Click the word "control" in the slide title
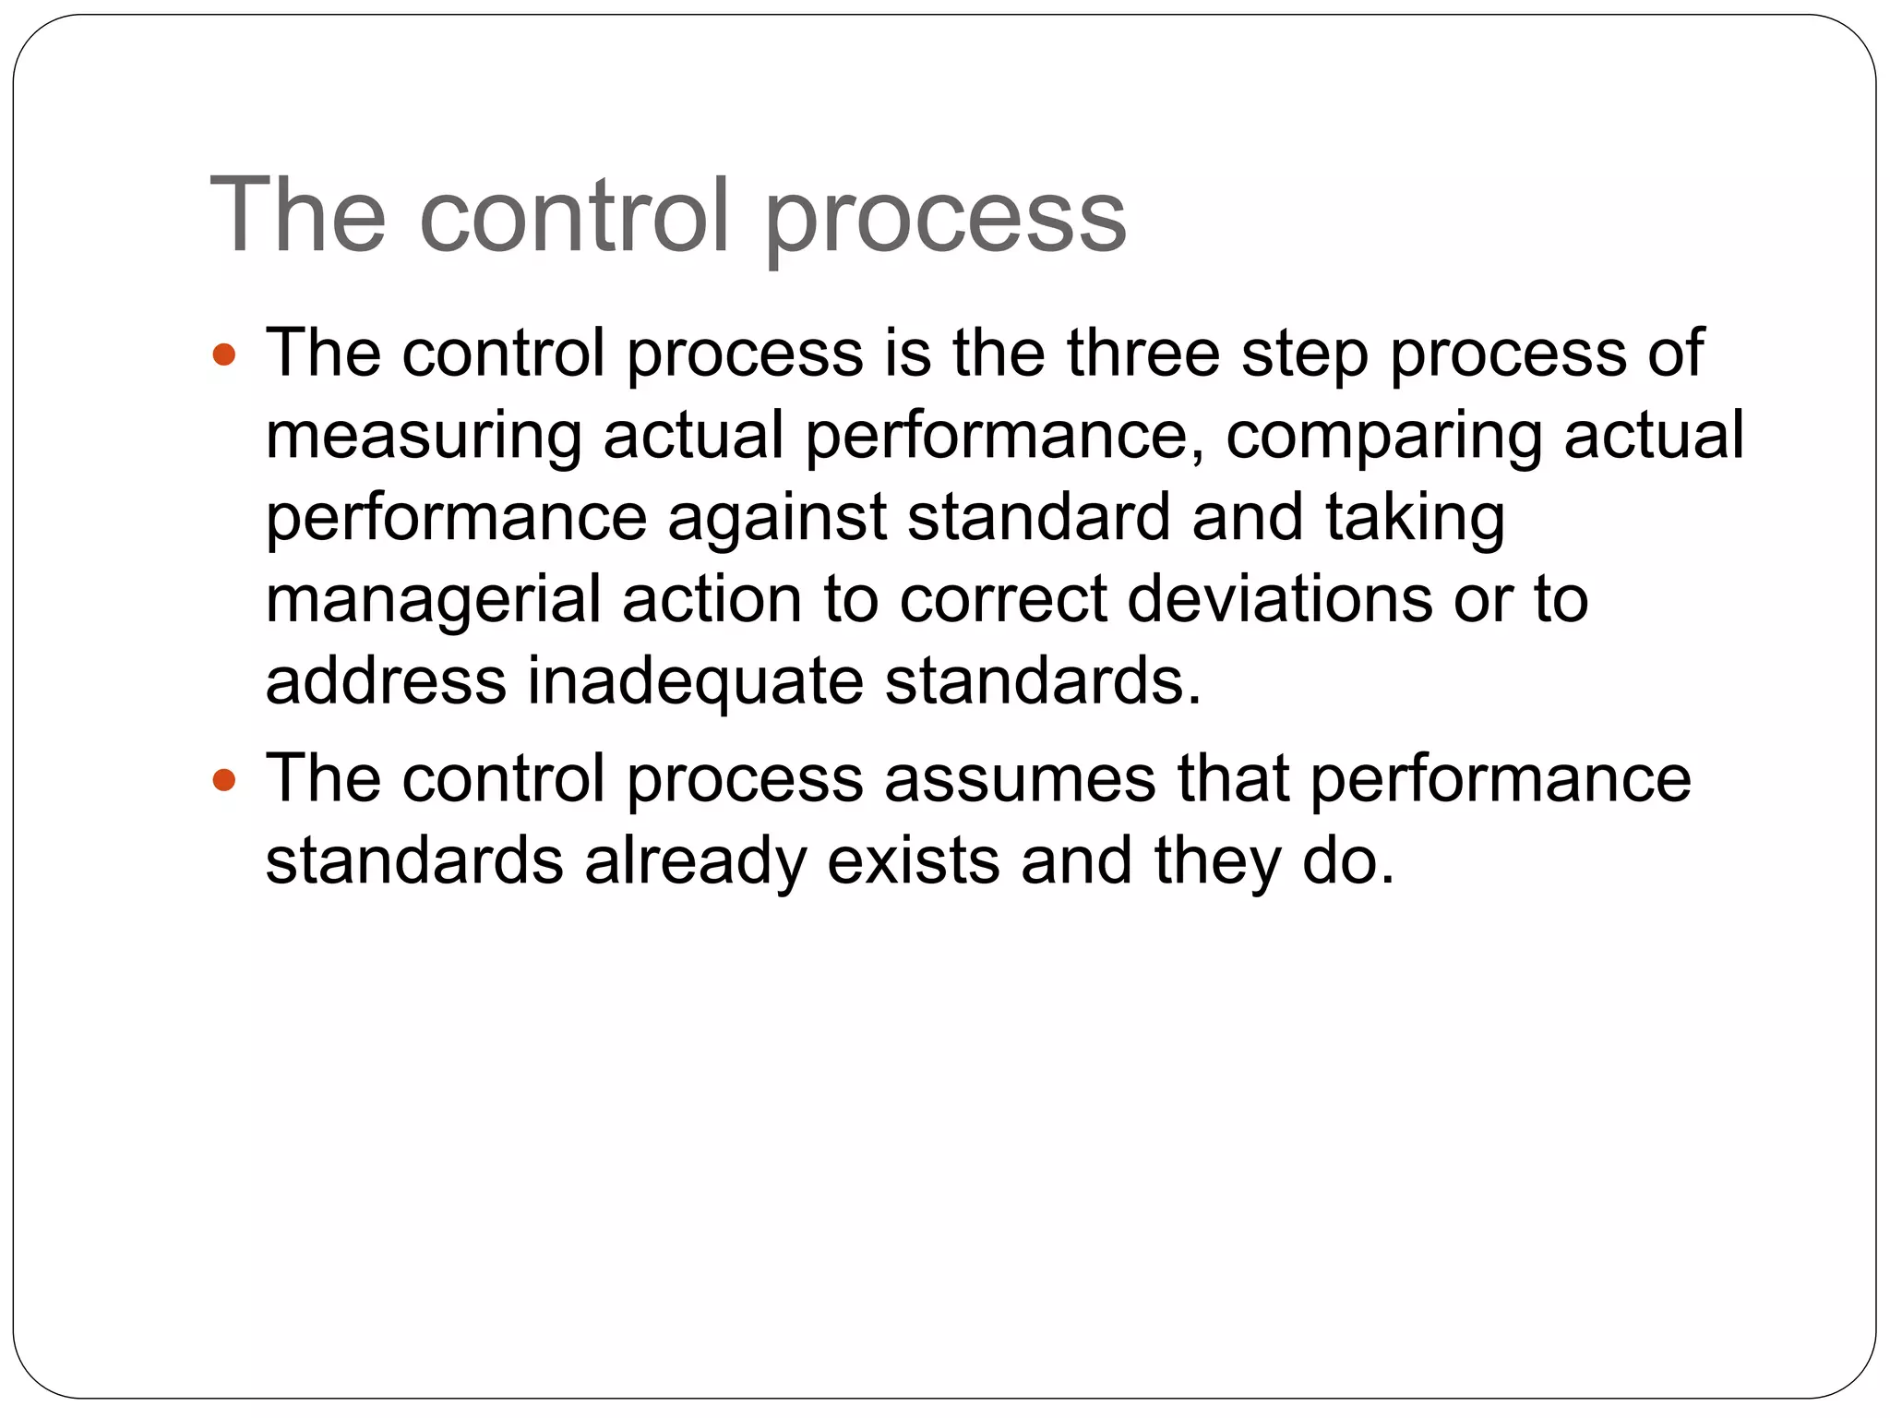(x=574, y=216)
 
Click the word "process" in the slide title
(x=945, y=222)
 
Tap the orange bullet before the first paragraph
(x=224, y=354)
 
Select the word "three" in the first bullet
(x=1143, y=353)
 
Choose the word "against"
(x=777, y=519)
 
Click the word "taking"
(x=1416, y=519)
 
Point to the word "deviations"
(x=1280, y=600)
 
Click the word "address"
(x=386, y=681)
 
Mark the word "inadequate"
(x=696, y=683)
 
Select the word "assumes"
(x=1020, y=779)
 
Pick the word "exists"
(x=913, y=860)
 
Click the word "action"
(x=712, y=600)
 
